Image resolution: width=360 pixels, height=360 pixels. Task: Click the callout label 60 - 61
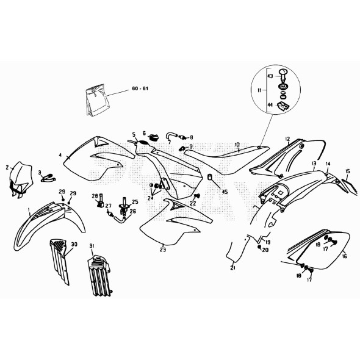(140, 89)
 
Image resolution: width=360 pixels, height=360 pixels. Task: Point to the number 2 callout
(7, 167)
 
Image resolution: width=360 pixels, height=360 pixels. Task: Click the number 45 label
(224, 192)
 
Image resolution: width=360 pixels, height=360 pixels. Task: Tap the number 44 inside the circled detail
(270, 104)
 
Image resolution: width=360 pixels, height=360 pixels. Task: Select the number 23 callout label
(162, 249)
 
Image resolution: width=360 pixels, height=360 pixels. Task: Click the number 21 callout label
(232, 268)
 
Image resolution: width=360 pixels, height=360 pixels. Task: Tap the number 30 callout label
(74, 244)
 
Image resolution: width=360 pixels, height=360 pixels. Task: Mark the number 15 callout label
(347, 171)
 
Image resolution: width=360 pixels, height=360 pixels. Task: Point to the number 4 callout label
(61, 156)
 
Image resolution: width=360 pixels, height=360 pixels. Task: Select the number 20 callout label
(265, 250)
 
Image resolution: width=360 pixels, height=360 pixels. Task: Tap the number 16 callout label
(344, 257)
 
